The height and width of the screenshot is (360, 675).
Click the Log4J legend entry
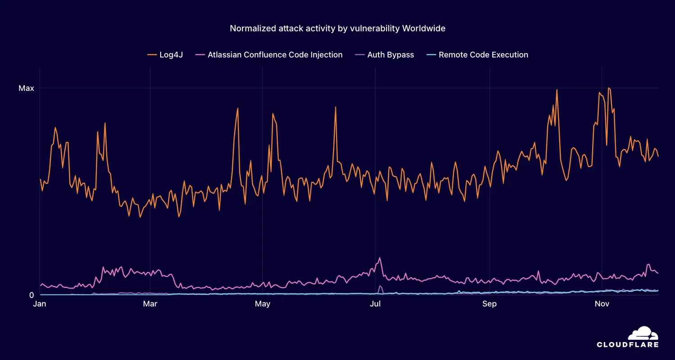[x=171, y=55]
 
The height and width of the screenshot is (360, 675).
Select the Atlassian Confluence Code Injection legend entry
[x=275, y=55]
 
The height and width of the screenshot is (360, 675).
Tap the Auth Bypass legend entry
[x=391, y=55]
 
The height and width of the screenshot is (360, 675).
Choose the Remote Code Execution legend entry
[x=483, y=55]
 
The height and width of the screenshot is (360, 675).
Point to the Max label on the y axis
[x=26, y=88]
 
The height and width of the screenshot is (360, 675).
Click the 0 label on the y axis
[x=31, y=295]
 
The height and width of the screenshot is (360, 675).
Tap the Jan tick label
[x=40, y=304]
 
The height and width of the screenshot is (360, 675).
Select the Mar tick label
[x=150, y=304]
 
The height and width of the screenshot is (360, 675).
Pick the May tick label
[x=262, y=304]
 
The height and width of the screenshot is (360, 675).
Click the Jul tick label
[x=375, y=304]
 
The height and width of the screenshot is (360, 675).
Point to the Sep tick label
[x=489, y=304]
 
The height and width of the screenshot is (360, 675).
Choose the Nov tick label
[x=602, y=304]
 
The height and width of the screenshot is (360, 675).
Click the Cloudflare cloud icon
[x=643, y=333]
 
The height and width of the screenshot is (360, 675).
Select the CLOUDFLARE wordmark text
[x=628, y=345]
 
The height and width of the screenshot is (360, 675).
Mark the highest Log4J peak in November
[x=608, y=88]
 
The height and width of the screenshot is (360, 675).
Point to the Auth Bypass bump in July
[x=380, y=286]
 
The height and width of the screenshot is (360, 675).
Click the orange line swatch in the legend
[x=152, y=55]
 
